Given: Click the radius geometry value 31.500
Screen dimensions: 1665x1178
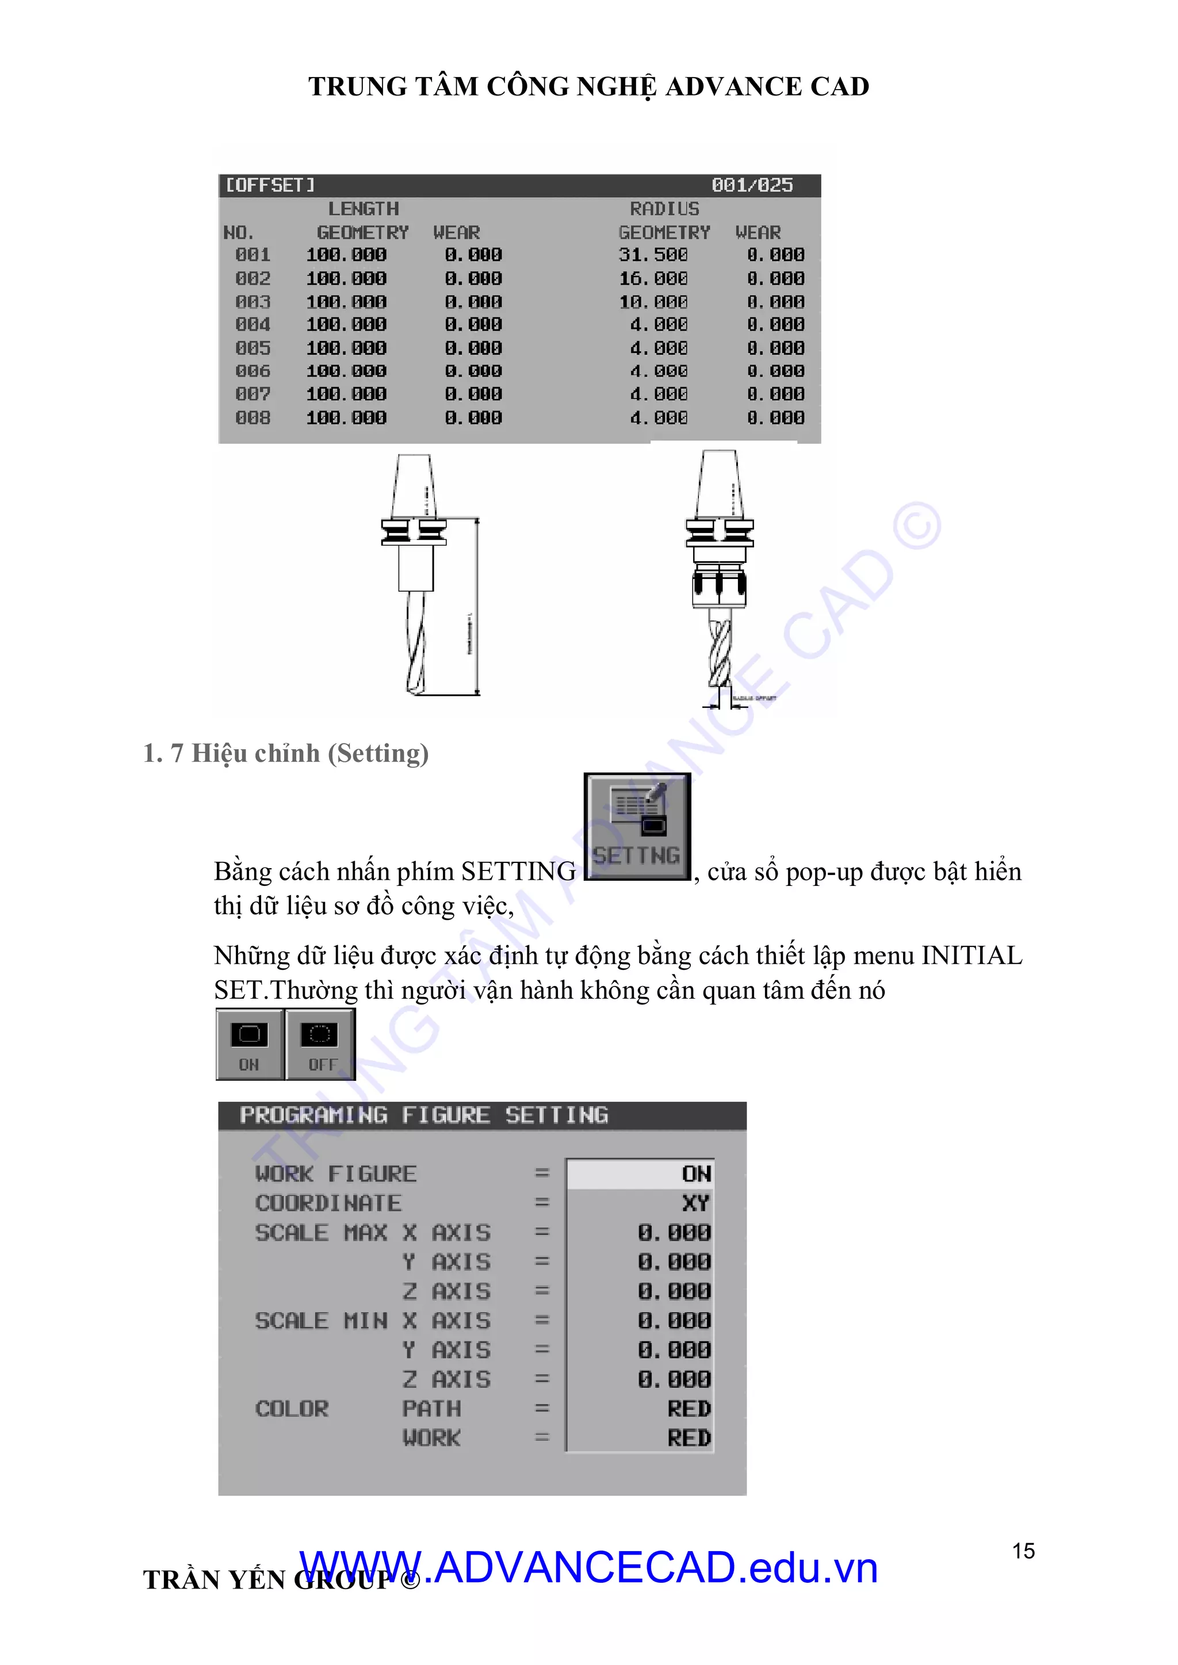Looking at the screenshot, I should click(x=653, y=255).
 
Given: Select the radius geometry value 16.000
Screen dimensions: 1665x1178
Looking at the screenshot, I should click(x=653, y=278).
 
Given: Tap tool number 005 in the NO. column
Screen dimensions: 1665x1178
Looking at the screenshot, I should click(x=253, y=348).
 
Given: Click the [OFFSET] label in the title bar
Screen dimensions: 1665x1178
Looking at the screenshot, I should click(x=270, y=186).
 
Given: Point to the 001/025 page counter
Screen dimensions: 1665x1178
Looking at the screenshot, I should click(x=752, y=186).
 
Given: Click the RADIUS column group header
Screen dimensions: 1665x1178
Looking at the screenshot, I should click(x=664, y=209).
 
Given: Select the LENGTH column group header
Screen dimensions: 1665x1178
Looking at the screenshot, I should click(x=364, y=209).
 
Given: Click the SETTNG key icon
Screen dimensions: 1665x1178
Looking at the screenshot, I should click(x=637, y=827).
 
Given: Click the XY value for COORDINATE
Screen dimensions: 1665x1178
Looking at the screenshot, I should click(x=695, y=1203).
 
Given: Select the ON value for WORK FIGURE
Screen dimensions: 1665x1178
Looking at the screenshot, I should click(x=695, y=1173).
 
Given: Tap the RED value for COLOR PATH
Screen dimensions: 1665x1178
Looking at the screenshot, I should click(x=689, y=1408).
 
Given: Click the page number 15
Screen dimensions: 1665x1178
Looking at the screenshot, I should click(x=1023, y=1551).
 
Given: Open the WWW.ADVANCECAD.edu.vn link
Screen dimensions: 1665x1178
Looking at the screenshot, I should click(x=587, y=1568).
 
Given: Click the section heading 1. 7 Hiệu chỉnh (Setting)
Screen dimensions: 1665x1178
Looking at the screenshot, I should click(x=286, y=754).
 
